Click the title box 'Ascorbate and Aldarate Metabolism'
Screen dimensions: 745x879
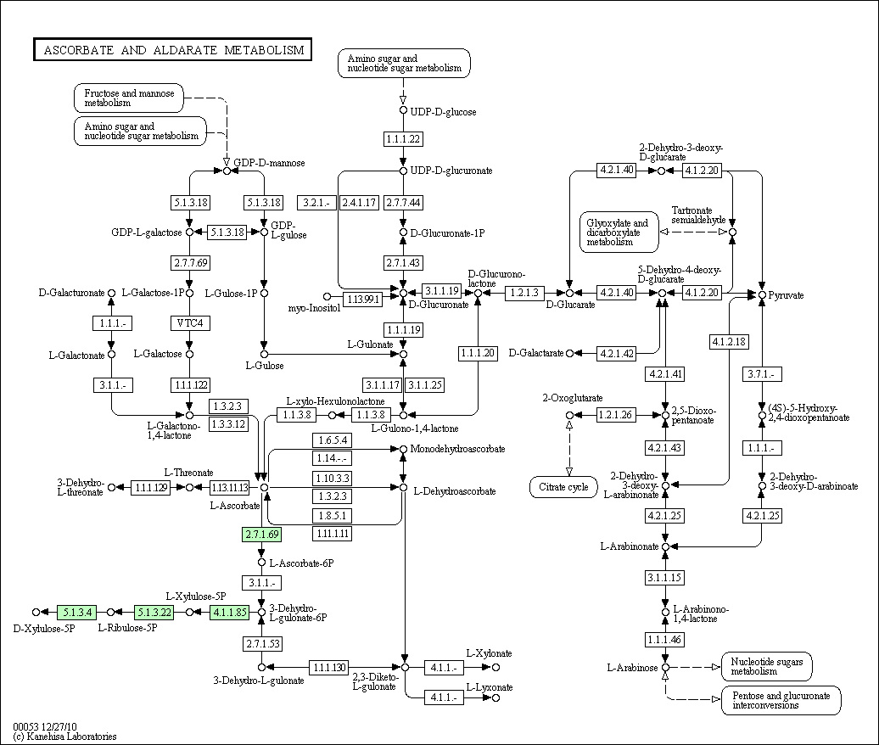(173, 50)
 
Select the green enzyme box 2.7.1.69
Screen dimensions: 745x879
(261, 535)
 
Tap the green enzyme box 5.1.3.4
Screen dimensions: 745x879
(76, 611)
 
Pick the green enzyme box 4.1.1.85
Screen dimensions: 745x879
(229, 611)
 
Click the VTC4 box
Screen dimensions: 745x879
(189, 323)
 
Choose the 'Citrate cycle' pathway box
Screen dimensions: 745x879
(564, 487)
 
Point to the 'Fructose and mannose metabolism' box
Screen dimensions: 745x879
(129, 98)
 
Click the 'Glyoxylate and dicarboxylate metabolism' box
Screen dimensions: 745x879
(619, 231)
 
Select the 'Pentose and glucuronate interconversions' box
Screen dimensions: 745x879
(781, 700)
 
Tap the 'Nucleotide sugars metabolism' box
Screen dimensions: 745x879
(766, 666)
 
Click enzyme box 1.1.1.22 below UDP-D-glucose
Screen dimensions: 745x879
(402, 139)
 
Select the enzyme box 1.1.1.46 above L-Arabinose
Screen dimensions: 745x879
(665, 639)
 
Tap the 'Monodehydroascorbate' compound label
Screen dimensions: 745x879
(457, 448)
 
